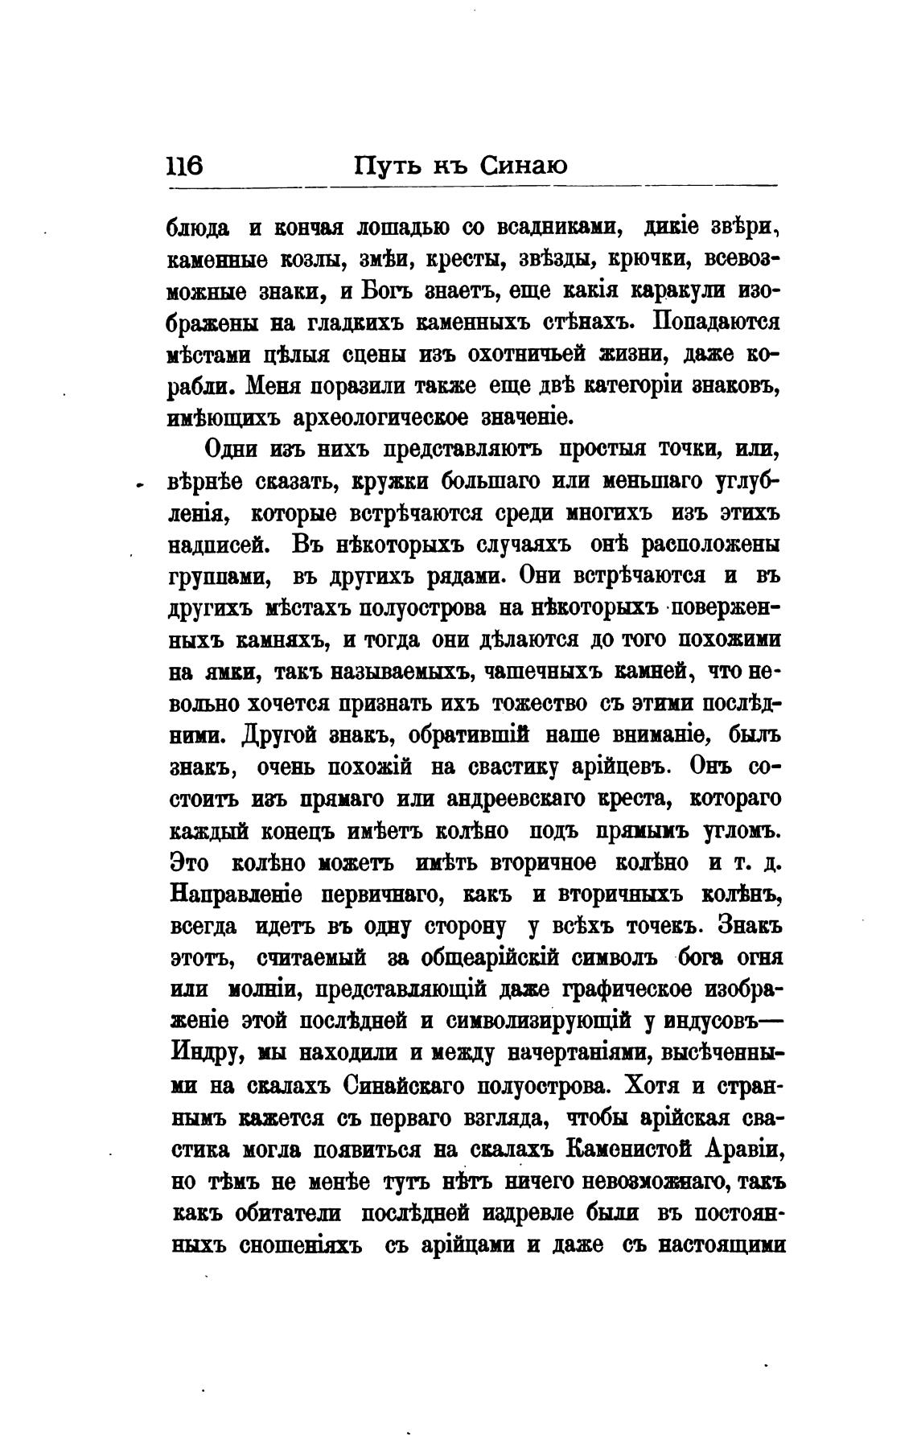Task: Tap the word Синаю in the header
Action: click(x=523, y=166)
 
